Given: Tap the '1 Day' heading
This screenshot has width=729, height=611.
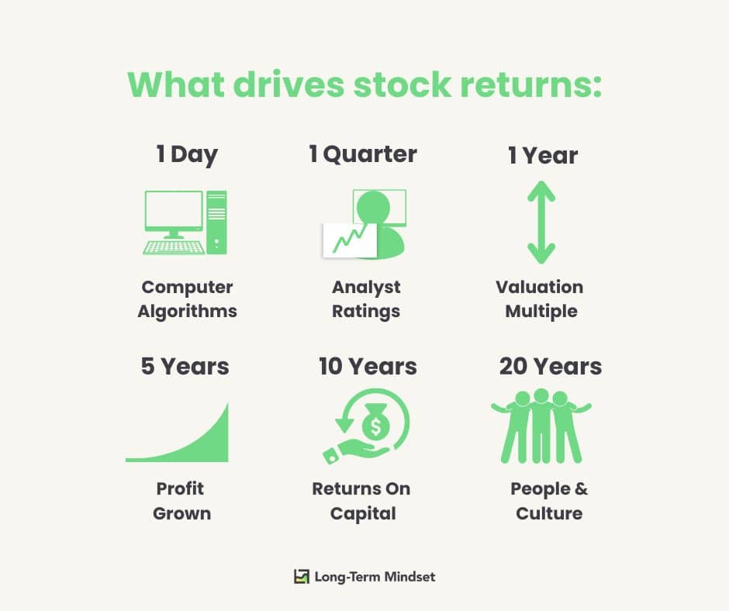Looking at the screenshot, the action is [187, 154].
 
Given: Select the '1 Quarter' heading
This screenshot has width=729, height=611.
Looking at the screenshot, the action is [363, 154].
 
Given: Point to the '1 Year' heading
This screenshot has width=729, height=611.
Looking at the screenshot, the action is [543, 155].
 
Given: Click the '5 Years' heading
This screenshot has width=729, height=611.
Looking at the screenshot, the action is [185, 367].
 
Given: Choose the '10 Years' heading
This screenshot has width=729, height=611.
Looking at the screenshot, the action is [368, 367].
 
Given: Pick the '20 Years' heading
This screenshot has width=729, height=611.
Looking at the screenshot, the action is [551, 367].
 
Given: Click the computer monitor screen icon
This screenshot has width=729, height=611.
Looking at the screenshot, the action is [174, 211].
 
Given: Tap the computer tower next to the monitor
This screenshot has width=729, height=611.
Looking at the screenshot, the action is [216, 223].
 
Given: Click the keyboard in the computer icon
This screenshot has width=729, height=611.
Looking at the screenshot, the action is [174, 248].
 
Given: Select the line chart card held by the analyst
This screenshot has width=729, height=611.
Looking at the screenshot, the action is [350, 240].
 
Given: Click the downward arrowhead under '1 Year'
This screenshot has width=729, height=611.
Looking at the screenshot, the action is [541, 254].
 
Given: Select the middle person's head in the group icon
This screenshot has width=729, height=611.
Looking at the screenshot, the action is [541, 396].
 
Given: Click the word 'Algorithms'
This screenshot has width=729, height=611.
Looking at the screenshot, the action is [188, 312].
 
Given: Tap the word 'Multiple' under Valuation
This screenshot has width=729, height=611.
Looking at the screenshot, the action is [541, 312].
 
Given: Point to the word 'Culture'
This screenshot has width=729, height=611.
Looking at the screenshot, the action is [549, 513].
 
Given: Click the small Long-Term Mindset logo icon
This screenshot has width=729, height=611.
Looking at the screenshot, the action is [301, 577].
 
